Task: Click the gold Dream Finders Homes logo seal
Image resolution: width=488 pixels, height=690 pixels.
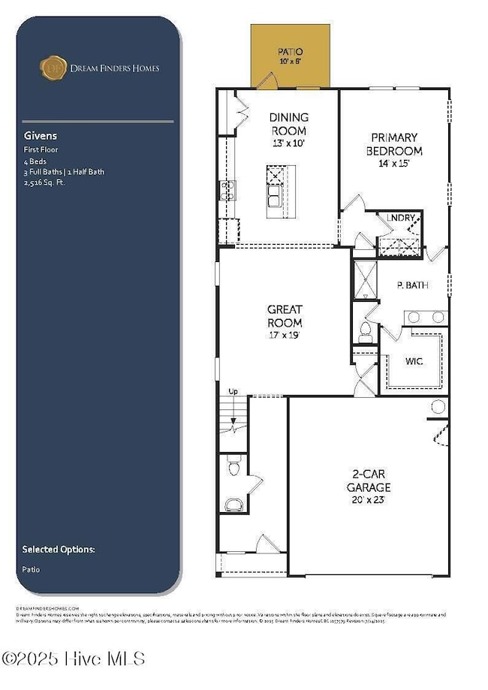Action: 50,68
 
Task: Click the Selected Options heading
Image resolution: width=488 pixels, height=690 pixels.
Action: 59,549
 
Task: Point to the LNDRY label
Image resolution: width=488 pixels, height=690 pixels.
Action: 400,218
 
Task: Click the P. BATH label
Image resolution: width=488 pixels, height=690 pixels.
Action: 411,285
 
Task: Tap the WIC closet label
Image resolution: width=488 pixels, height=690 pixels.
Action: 413,361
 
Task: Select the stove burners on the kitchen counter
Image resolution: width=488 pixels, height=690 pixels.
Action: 224,190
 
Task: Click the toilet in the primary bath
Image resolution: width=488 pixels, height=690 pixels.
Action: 366,333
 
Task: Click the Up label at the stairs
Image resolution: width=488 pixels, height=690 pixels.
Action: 233,392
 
